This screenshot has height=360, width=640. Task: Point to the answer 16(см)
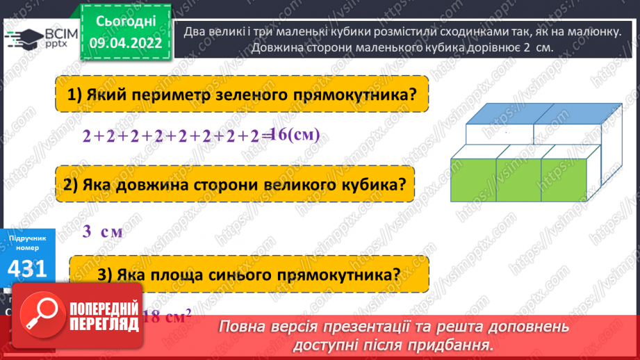click(x=295, y=134)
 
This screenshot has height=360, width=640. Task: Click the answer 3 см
click(x=102, y=231)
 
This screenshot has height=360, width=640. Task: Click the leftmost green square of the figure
click(x=473, y=179)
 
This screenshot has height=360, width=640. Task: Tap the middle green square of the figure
click(x=518, y=179)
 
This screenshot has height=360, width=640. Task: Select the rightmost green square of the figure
click(x=563, y=179)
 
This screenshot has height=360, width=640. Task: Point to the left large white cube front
click(x=498, y=134)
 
